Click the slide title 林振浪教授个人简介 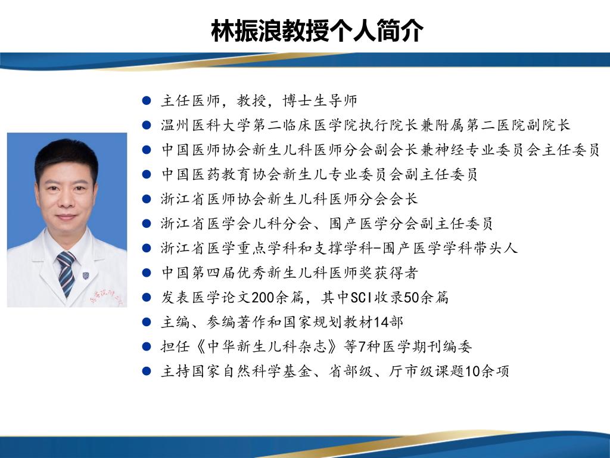coord(317,30)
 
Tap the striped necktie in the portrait coord(66,273)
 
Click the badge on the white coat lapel coord(86,276)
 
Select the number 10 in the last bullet coord(472,371)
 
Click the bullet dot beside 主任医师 coord(147,100)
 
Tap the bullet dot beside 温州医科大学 coord(147,125)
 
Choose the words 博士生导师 coord(320,100)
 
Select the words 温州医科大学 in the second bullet coord(207,125)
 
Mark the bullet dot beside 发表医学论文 coord(147,298)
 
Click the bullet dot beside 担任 coord(147,346)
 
